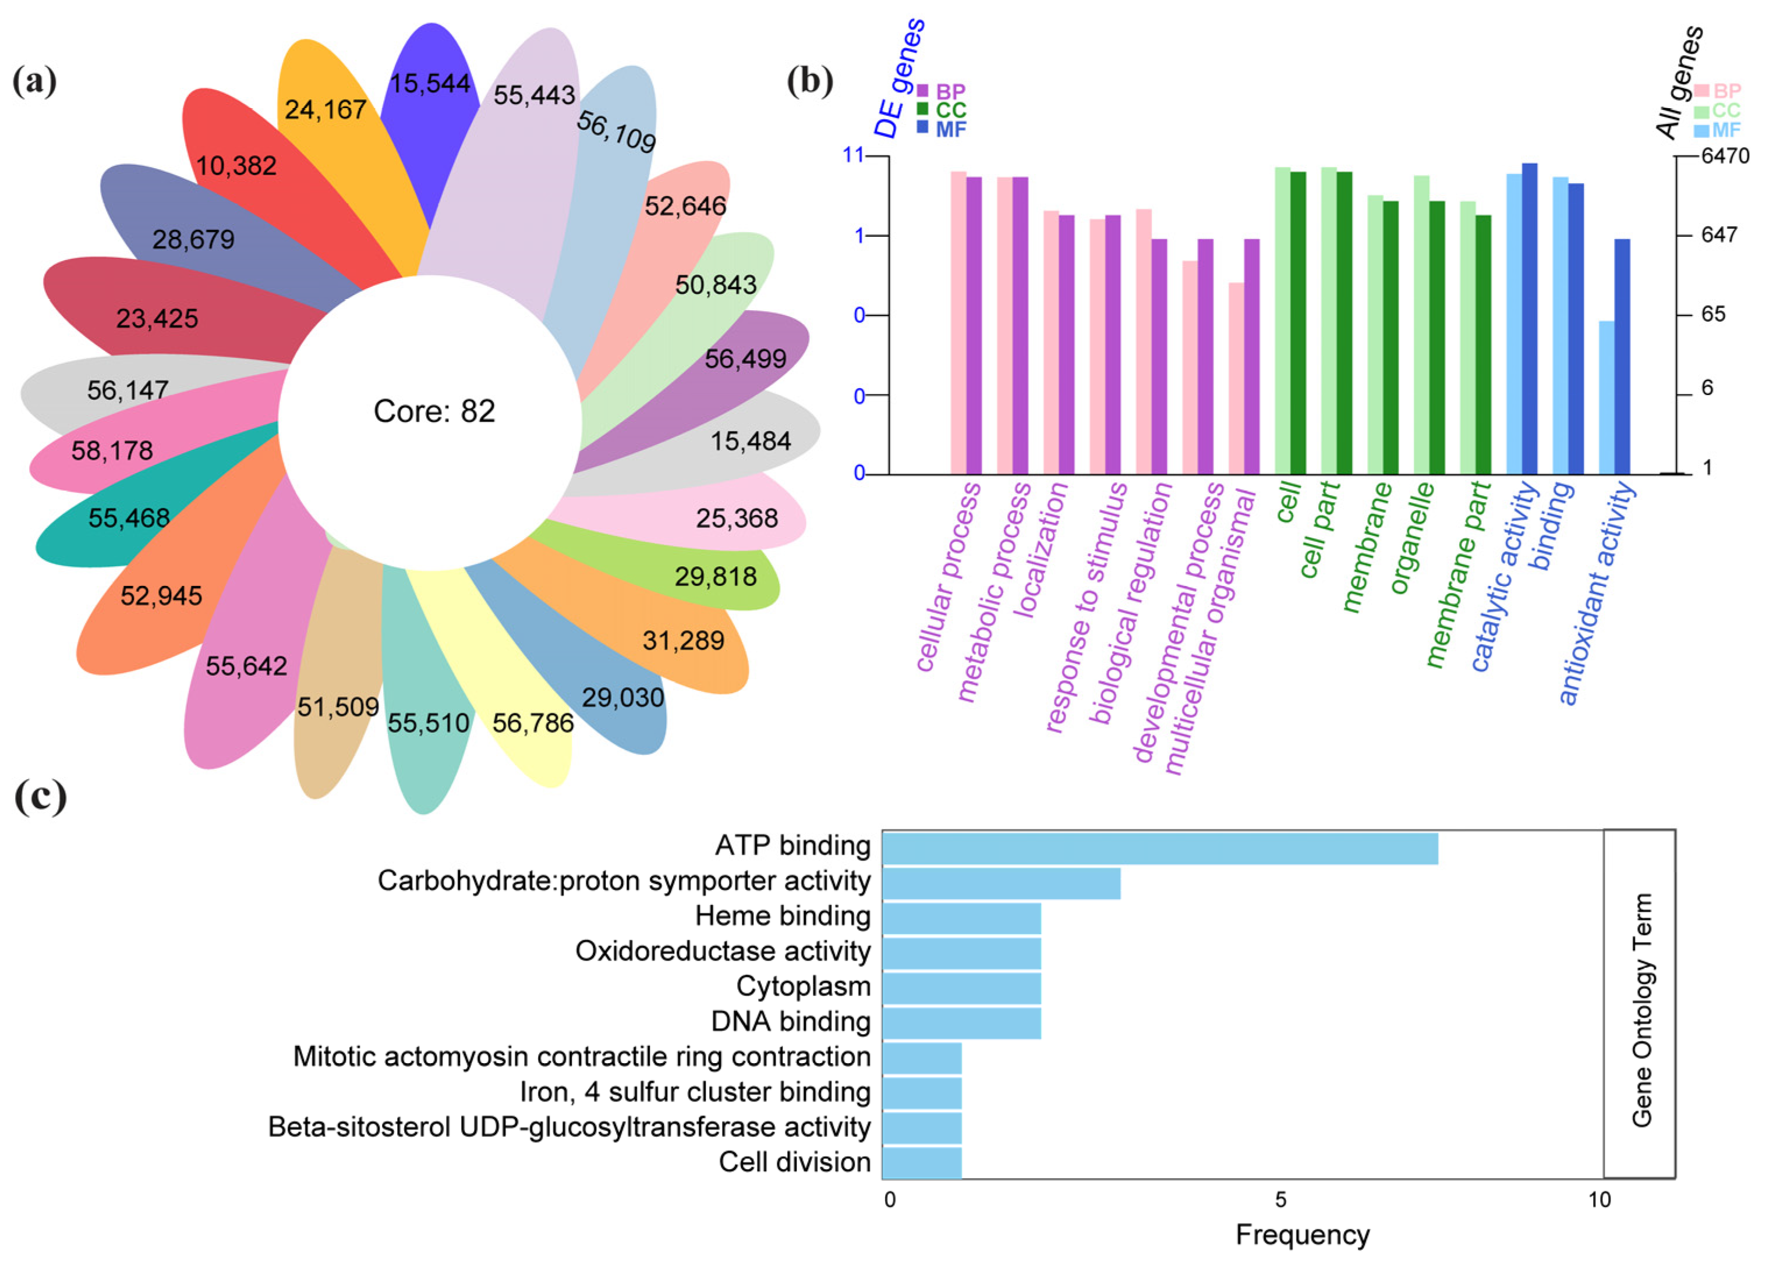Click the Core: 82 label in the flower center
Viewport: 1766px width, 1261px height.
(434, 411)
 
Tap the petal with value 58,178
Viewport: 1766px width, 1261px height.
(112, 450)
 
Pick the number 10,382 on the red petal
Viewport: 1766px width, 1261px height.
(236, 165)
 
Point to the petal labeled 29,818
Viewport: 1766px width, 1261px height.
(715, 576)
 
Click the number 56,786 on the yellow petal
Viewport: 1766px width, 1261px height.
(533, 723)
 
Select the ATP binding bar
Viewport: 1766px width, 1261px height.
(1159, 848)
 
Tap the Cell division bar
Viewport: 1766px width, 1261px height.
(922, 1163)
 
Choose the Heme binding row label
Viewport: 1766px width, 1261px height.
(783, 917)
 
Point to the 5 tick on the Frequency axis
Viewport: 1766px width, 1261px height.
(1280, 1200)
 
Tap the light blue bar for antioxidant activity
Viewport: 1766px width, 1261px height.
(1606, 397)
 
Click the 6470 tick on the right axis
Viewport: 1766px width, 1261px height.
(1725, 156)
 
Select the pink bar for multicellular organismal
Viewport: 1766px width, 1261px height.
(1236, 378)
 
